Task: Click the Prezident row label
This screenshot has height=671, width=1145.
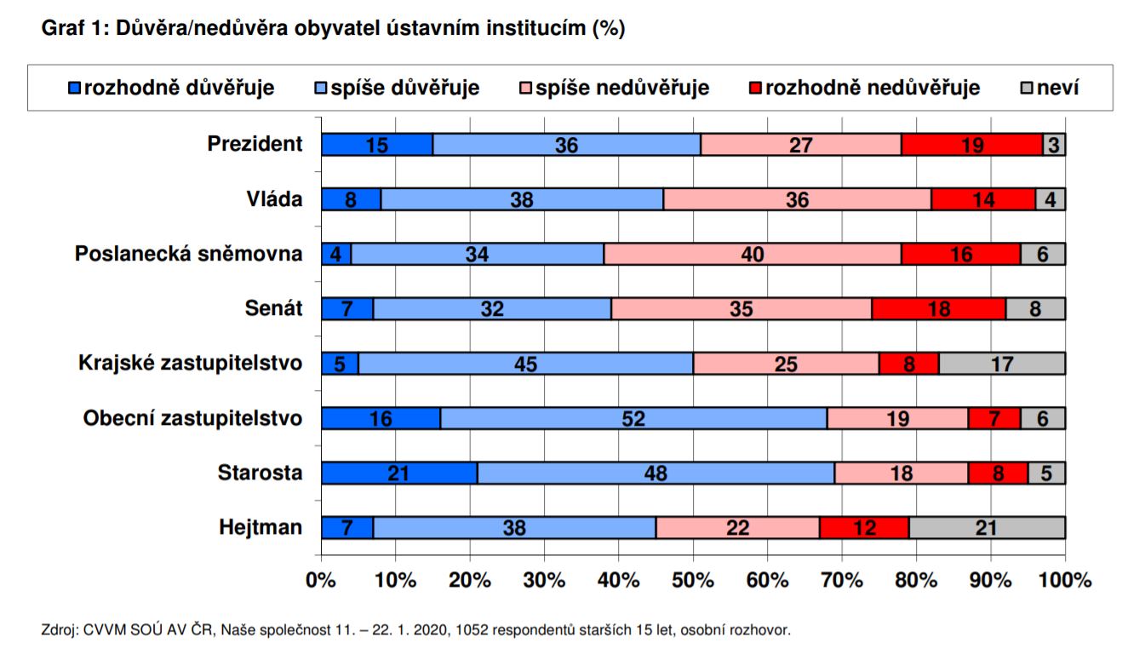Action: tap(255, 144)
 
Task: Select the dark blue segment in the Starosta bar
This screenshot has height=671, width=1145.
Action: tap(399, 473)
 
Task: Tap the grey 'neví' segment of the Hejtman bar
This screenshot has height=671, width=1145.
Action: tap(986, 528)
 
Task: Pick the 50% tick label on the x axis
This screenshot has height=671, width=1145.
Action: tap(693, 581)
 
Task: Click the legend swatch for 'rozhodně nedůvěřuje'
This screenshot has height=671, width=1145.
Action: tap(755, 88)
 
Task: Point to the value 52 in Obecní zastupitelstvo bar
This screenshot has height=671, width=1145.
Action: tap(633, 418)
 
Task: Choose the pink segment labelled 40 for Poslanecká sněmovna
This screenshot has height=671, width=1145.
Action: tap(752, 254)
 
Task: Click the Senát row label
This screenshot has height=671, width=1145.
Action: tap(273, 308)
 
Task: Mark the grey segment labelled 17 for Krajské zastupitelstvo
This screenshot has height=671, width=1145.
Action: tap(1001, 364)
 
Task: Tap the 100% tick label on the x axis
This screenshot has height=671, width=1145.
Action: tap(1065, 581)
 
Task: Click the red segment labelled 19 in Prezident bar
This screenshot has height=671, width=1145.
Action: tap(971, 145)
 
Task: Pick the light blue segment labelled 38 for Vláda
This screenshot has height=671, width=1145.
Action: tap(521, 199)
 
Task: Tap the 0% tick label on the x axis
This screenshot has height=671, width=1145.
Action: tap(321, 581)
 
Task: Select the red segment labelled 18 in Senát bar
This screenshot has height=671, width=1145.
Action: tap(939, 309)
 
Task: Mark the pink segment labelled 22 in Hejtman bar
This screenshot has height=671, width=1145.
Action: tap(737, 528)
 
